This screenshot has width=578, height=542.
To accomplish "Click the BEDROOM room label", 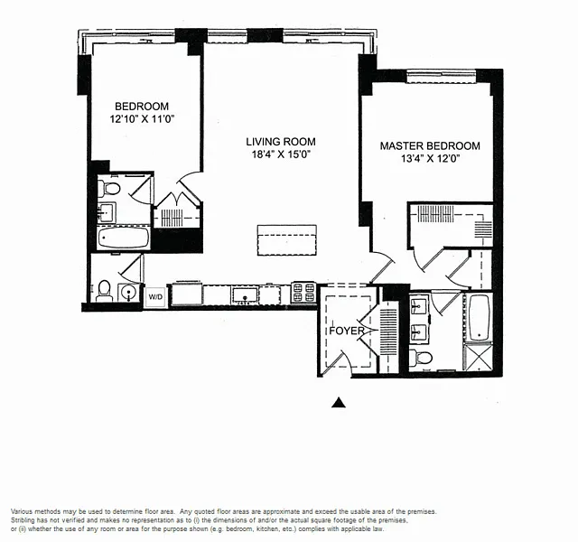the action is pos(142,107).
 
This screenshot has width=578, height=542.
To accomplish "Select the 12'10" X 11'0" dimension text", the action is pos(142,119).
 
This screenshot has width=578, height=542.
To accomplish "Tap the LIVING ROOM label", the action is pos(281,142).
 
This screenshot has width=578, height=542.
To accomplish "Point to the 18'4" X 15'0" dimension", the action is pos(281,154).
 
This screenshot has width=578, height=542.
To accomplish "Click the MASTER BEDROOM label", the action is pos(430,146).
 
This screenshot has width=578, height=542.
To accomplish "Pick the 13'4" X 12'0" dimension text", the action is pos(430,159).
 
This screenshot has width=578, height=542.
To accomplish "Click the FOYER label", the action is pos(347,331).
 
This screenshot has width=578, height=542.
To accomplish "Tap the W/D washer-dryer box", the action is pos(155,297).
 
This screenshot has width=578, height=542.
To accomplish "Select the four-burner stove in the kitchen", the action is pos(303,292).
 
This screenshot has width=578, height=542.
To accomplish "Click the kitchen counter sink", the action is pos(245,295).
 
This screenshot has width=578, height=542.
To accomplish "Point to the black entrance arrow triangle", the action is pos(339,403).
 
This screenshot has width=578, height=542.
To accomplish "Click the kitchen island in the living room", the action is pos(287,240).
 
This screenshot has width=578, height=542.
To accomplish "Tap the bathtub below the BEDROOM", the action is pos(124,238).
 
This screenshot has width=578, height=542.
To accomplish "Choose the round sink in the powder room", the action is pos(128,293).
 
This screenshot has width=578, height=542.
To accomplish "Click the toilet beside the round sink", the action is pos(105,291).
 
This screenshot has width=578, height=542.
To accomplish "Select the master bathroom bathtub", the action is pos(479,318).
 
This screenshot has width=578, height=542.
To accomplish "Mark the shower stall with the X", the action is pos(478,357).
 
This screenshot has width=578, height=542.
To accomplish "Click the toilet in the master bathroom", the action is pos(421,357).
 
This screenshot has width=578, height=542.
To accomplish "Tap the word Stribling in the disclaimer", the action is pos(22,520).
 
